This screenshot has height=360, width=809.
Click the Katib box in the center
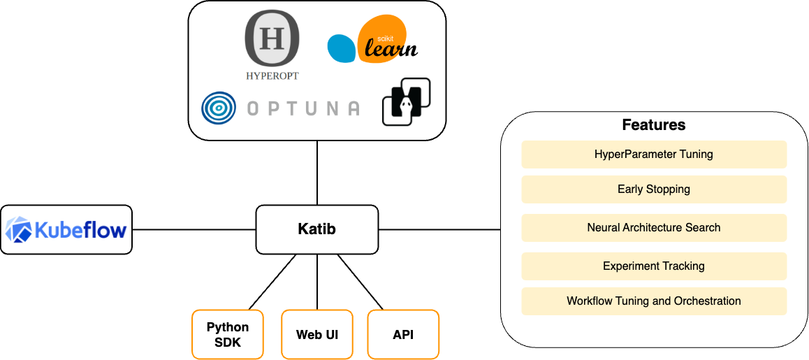pyautogui.click(x=316, y=229)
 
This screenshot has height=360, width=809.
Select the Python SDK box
pyautogui.click(x=228, y=334)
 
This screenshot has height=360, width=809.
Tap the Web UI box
pyautogui.click(x=317, y=334)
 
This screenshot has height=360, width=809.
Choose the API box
pyautogui.click(x=403, y=334)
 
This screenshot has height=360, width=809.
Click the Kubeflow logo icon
pyautogui.click(x=19, y=229)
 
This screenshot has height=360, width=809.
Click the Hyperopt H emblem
pyautogui.click(x=272, y=39)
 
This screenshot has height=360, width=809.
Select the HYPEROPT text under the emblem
pyautogui.click(x=272, y=76)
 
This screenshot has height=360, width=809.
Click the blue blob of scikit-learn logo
pyautogui.click(x=342, y=48)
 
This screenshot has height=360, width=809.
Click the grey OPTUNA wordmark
pyautogui.click(x=304, y=108)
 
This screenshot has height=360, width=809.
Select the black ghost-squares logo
pyautogui.click(x=405, y=102)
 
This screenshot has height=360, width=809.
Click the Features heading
pyautogui.click(x=653, y=125)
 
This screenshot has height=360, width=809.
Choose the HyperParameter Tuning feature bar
pyautogui.click(x=653, y=154)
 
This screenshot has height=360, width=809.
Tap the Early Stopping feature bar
pyautogui.click(x=653, y=189)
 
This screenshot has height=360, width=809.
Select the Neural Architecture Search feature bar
pyautogui.click(x=653, y=227)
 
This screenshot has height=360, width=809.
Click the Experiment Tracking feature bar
pyautogui.click(x=653, y=266)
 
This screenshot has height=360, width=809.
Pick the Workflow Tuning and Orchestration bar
pyautogui.click(x=653, y=301)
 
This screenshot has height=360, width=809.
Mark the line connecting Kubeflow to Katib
pyautogui.click(x=194, y=229)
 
